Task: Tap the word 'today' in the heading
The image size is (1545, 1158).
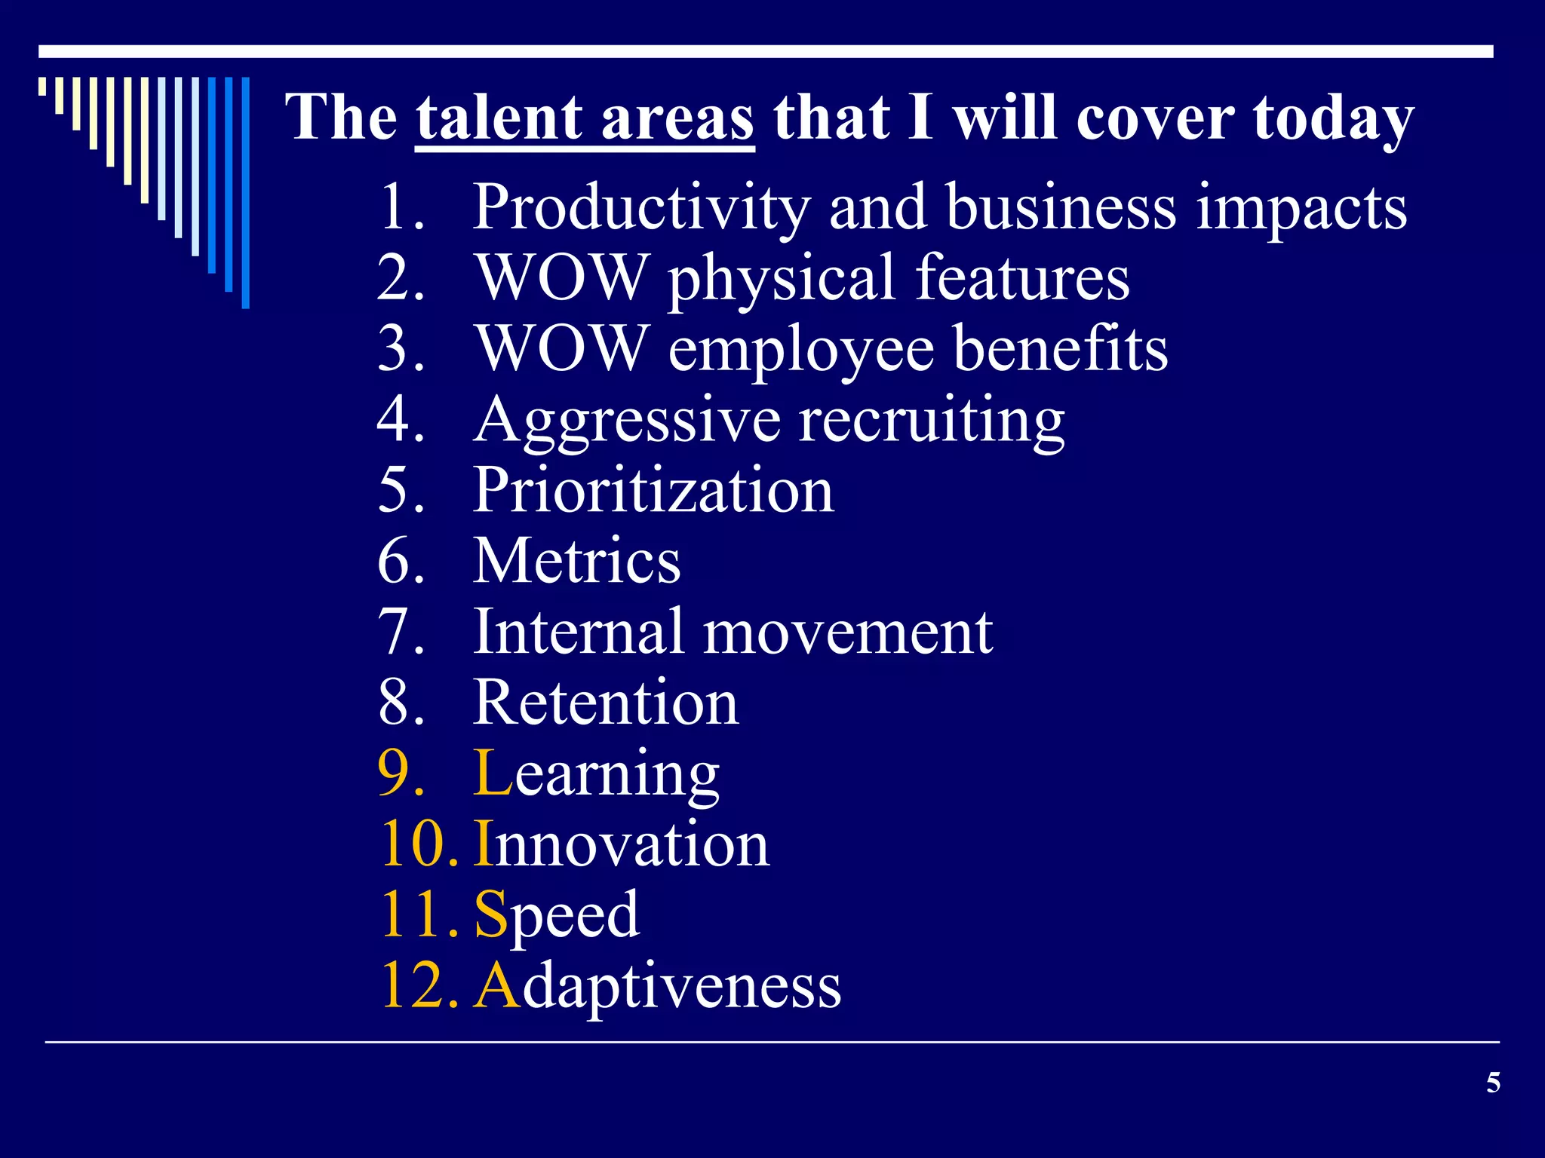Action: tap(1333, 119)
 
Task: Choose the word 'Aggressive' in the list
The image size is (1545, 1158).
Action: tap(627, 421)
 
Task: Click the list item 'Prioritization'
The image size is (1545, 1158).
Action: tap(653, 490)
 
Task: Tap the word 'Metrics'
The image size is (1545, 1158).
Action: tap(576, 561)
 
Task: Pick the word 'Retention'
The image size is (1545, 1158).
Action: tap(606, 703)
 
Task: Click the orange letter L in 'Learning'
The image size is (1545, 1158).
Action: tap(493, 773)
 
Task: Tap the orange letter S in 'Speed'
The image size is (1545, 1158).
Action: tap(490, 914)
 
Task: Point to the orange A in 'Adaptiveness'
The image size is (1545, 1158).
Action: tap(497, 985)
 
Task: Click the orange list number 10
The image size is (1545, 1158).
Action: tap(418, 844)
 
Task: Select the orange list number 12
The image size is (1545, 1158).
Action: tap(418, 985)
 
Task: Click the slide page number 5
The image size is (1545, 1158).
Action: tap(1493, 1083)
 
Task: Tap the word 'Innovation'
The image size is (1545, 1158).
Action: tap(622, 844)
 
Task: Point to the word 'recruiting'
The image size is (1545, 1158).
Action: tap(932, 421)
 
